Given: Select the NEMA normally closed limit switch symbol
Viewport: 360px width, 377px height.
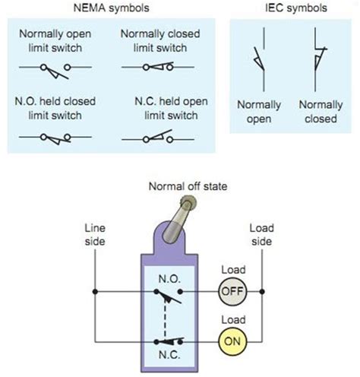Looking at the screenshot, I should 156,68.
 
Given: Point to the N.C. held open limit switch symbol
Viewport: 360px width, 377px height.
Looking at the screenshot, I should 156,138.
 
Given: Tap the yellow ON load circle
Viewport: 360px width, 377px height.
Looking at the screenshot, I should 231,341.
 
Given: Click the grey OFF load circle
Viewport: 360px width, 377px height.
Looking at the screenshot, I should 231,291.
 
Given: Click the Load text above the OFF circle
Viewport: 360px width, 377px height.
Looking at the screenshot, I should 231,270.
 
